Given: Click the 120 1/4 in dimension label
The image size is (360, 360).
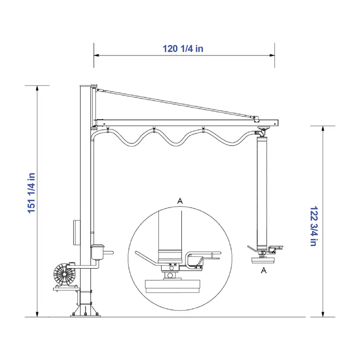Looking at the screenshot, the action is [183, 49].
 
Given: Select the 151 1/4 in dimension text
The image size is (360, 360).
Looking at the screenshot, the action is [31, 193].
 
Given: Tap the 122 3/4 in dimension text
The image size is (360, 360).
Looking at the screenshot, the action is [314, 226].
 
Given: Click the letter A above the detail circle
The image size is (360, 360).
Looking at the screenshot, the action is [180, 201].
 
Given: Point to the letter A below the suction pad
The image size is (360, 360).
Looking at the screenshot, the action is [264, 270].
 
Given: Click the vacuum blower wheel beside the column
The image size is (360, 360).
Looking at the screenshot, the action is [65, 274].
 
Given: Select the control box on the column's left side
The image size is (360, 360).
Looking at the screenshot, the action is [77, 233].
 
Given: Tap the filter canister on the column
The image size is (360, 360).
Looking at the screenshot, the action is [97, 252].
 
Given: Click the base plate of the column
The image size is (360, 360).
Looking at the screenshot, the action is [85, 316].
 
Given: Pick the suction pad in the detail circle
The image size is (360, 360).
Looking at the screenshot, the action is [173, 286].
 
